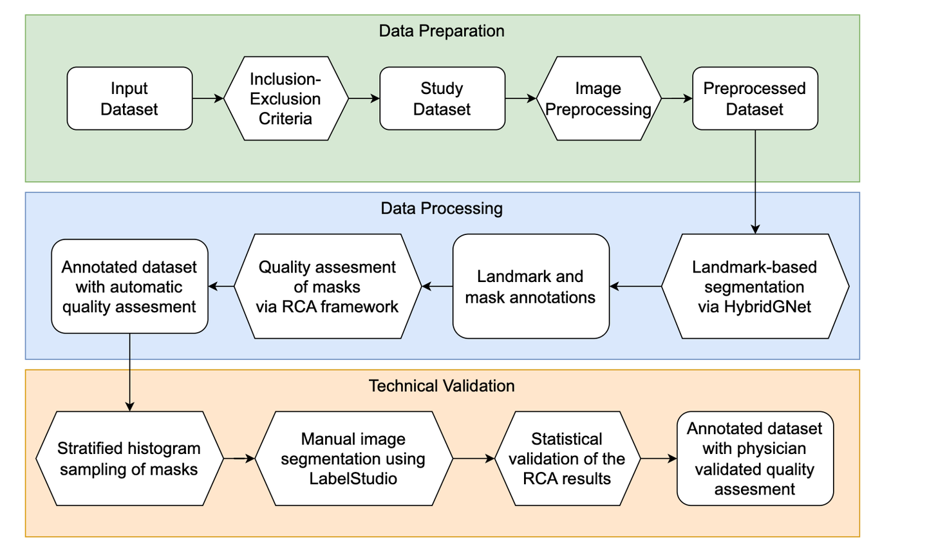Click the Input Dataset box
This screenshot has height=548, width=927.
point(129,99)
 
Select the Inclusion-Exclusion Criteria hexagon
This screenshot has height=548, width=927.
point(285,99)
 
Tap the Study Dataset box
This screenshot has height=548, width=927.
point(442,99)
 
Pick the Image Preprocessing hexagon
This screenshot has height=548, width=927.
point(598,99)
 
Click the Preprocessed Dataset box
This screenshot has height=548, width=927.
point(754,99)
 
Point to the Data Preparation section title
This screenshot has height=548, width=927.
point(442,31)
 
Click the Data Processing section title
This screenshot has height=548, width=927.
point(442,208)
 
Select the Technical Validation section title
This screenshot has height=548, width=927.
point(442,386)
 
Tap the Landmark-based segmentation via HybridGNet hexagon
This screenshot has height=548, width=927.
point(754,287)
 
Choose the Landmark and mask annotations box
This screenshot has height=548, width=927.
point(530,287)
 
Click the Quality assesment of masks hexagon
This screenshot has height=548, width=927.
point(327,287)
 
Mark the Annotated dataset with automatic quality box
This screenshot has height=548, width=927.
point(129,287)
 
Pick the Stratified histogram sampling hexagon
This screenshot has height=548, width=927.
point(129,458)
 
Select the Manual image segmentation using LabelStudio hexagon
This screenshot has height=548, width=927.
point(353,458)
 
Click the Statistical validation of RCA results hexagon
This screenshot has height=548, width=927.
point(566,458)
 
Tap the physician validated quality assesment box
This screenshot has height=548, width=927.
point(754,458)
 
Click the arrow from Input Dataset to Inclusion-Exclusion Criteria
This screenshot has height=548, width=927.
point(208,99)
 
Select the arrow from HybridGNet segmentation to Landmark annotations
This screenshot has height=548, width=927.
point(635,287)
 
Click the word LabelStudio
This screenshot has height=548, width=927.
point(353,478)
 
